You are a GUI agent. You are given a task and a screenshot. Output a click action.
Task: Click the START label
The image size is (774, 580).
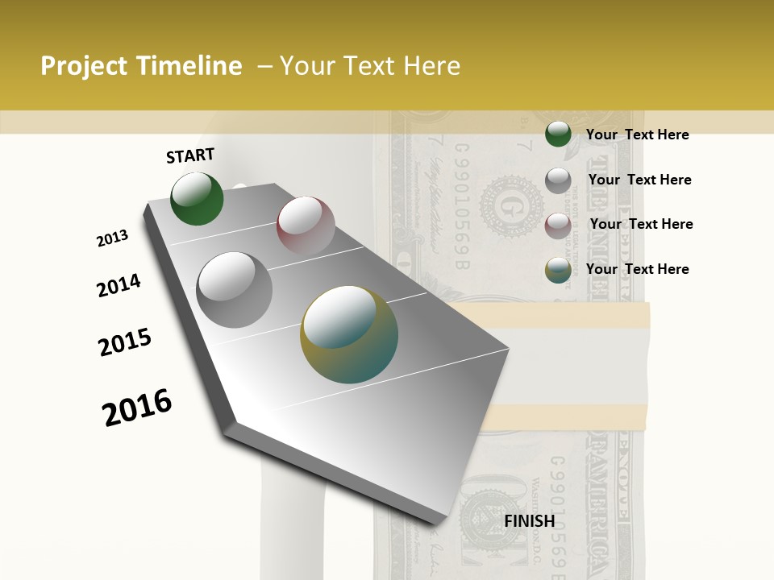[190, 155]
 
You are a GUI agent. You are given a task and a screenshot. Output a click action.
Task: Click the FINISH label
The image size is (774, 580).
[529, 521]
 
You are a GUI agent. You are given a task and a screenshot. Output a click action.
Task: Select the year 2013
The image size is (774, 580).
[113, 238]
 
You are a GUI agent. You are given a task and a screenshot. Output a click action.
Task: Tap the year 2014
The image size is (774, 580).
[119, 285]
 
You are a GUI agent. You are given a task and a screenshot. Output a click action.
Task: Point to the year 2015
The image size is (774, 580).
[125, 342]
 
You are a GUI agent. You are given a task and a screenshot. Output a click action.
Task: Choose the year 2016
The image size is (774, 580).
[137, 408]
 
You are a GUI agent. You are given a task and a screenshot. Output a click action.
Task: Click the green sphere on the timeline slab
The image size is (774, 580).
[197, 198]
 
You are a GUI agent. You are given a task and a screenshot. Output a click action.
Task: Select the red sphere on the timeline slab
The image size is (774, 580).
[306, 225]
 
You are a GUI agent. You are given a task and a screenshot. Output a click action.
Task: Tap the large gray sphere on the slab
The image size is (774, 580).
[234, 289]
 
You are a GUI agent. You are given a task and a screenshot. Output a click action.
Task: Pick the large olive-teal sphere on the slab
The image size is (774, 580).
[349, 333]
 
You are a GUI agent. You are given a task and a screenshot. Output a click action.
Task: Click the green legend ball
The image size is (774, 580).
[558, 135]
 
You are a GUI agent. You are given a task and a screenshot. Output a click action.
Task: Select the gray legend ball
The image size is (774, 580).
[558, 180]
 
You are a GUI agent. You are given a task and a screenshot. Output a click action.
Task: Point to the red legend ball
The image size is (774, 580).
[558, 225]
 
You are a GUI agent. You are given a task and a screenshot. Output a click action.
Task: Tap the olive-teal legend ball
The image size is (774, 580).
[558, 270]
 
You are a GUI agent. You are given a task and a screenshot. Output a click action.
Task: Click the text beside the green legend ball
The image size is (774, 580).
[637, 135]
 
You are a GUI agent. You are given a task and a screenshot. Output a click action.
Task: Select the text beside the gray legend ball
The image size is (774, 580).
[639, 180]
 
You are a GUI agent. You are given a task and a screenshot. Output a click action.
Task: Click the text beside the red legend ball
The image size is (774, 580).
[641, 224]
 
